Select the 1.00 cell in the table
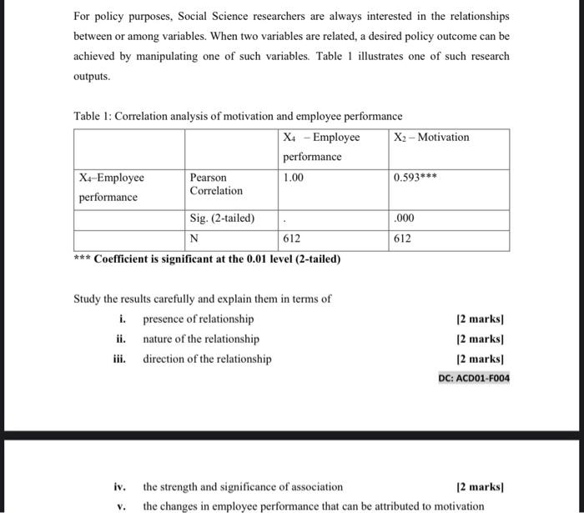294,178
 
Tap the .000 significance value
403,219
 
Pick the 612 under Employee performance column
292,239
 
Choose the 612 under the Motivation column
403,239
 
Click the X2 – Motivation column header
431,137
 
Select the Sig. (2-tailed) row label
222,219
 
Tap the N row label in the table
194,239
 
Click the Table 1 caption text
238,116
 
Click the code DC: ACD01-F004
474,378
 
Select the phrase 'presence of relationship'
199,319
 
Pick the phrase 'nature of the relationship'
201,339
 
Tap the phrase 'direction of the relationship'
207,359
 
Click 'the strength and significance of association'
243,486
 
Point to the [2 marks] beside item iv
481,486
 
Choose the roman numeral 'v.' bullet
121,505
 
